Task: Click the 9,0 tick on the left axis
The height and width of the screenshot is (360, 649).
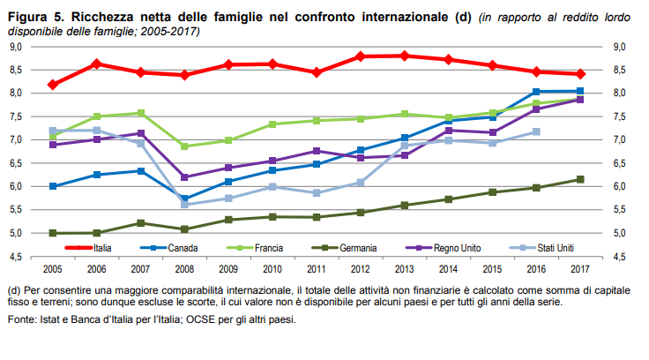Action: point(16,47)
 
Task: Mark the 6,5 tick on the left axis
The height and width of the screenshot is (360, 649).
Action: point(16,163)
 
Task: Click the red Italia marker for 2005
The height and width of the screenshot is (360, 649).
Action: point(53,85)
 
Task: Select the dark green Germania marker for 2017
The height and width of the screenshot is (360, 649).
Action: point(579,179)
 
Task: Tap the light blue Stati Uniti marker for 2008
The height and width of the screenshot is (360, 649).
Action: point(184,205)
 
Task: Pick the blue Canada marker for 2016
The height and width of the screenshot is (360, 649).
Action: point(535,92)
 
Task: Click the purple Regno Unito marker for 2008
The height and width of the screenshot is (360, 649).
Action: point(184,177)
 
